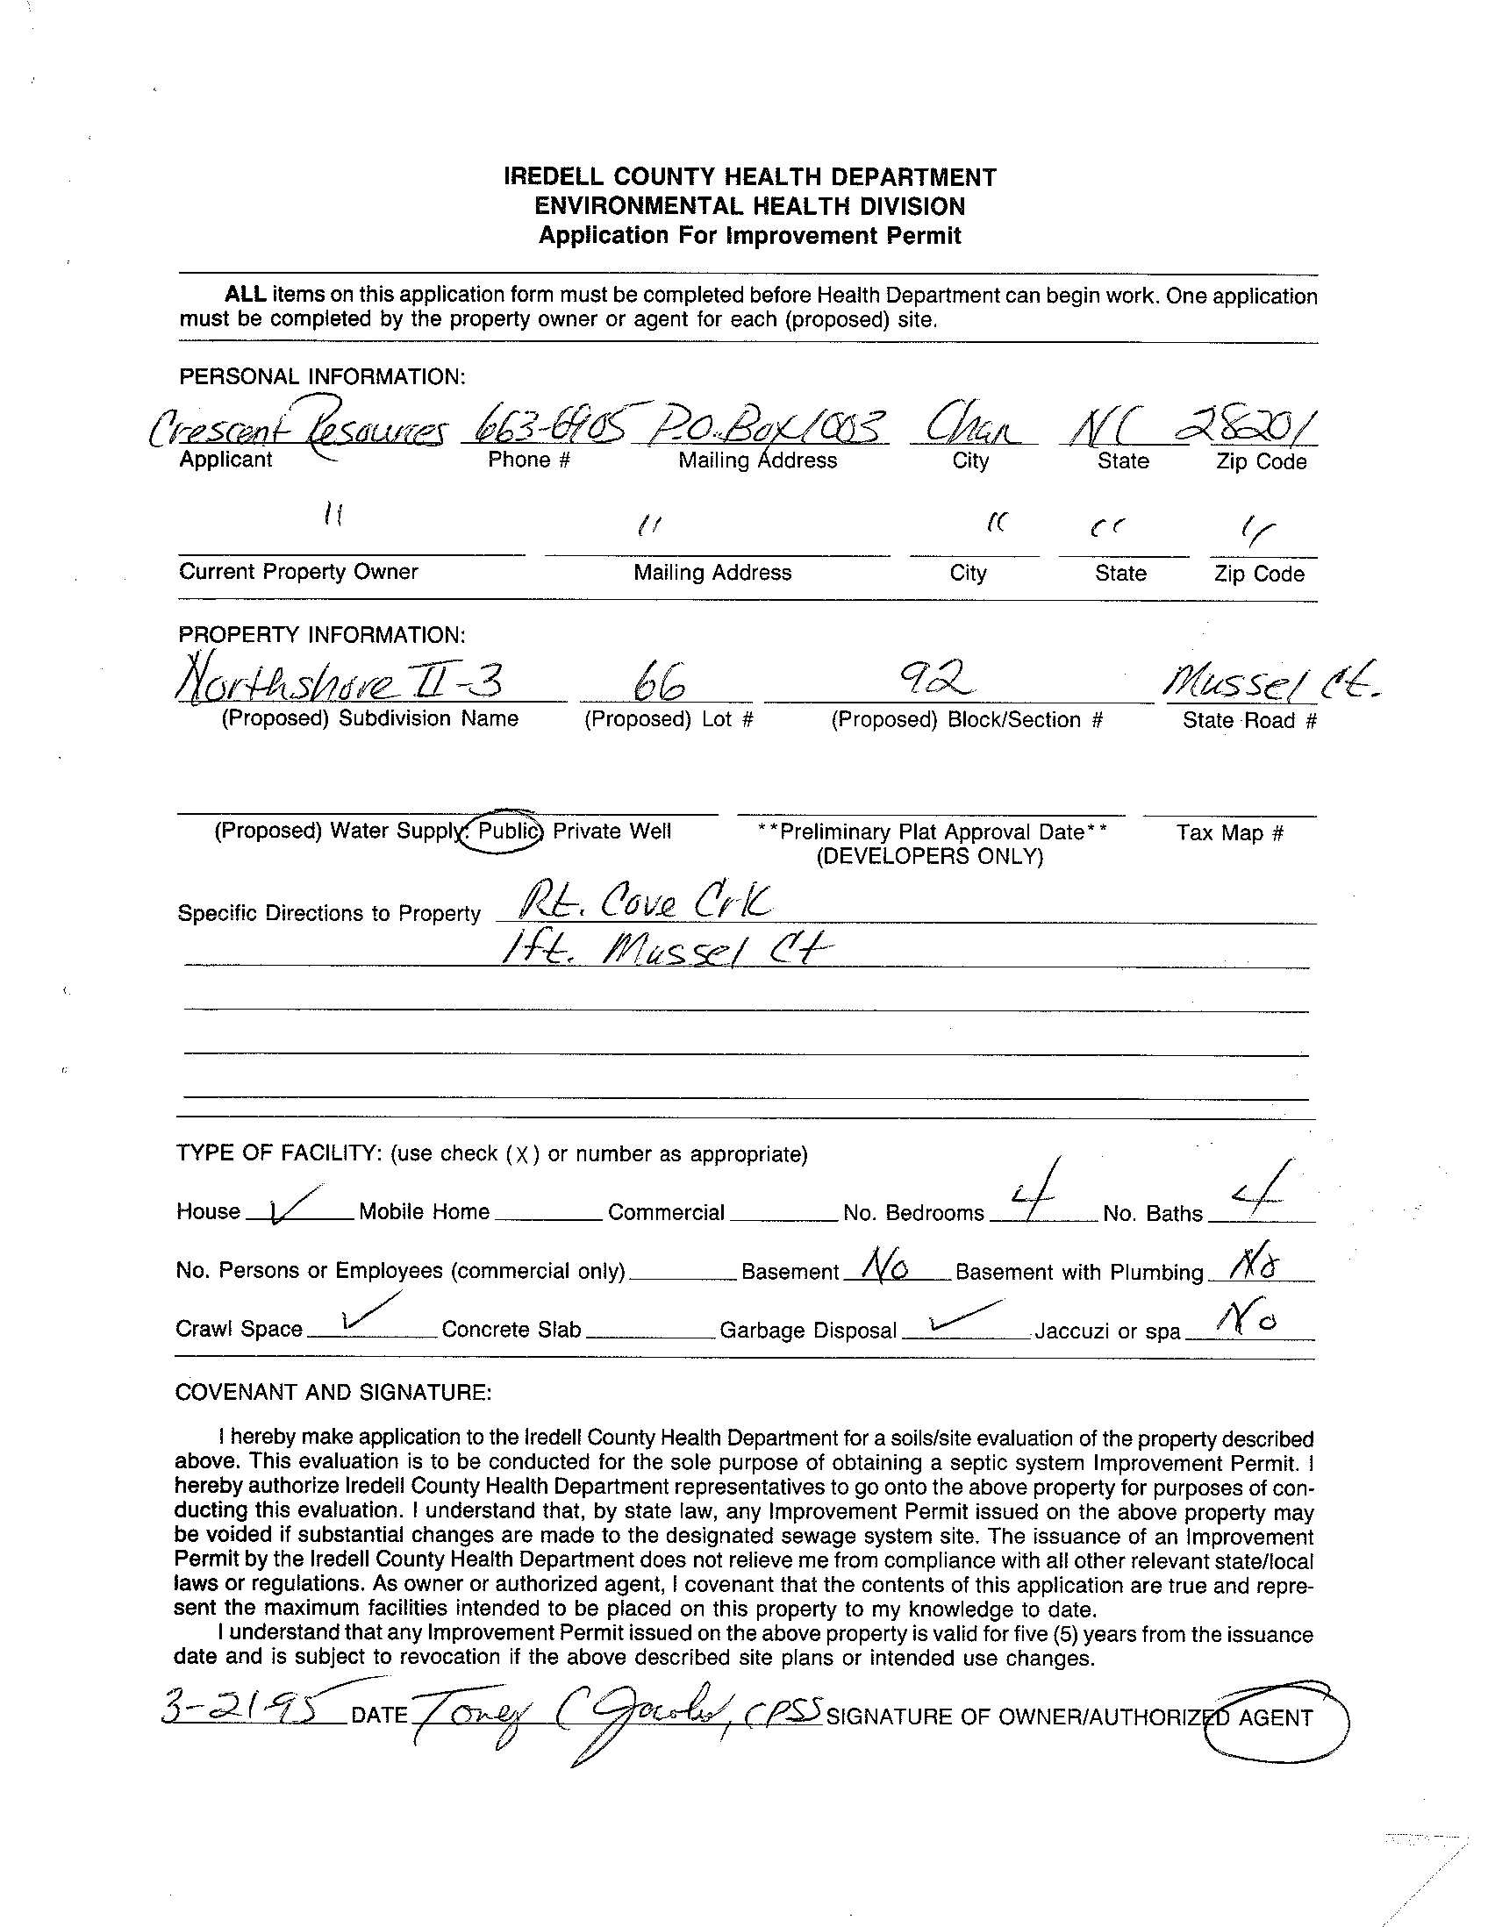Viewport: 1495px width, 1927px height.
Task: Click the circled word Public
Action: [x=507, y=831]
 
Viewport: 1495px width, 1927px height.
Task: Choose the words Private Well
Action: [x=612, y=831]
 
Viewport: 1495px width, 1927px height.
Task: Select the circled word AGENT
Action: [x=1277, y=1717]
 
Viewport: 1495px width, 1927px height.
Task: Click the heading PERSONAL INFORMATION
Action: [x=322, y=377]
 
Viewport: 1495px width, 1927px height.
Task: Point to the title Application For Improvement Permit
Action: [x=749, y=236]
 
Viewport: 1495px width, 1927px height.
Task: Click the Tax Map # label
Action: [x=1228, y=832]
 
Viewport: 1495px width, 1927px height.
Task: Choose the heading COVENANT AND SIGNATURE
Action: [x=333, y=1392]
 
